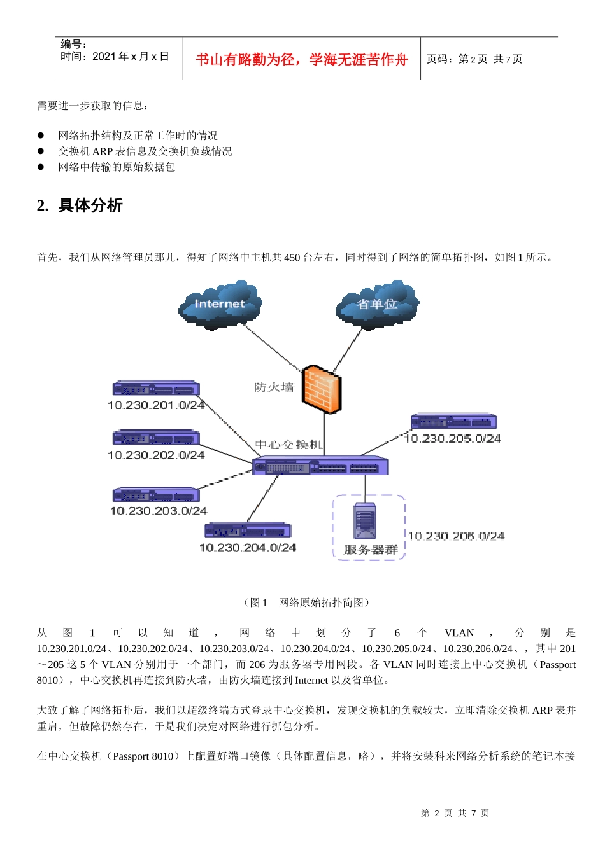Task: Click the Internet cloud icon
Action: pyautogui.click(x=220, y=304)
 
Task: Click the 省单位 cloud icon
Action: pyautogui.click(x=377, y=304)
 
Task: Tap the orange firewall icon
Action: pyautogui.click(x=322, y=389)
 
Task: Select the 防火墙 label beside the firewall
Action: pyautogui.click(x=274, y=387)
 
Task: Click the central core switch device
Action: pyautogui.click(x=320, y=466)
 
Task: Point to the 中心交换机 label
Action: pyautogui.click(x=288, y=444)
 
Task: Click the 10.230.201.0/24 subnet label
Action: pyautogui.click(x=156, y=405)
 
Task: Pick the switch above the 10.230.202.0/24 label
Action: pyautogui.click(x=156, y=438)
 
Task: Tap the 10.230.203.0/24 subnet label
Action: pyautogui.click(x=159, y=511)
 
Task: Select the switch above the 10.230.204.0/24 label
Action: pyautogui.click(x=247, y=530)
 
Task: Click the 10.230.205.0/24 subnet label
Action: pyautogui.click(x=452, y=438)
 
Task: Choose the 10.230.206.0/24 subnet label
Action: pyautogui.click(x=456, y=536)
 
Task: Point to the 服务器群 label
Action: pyautogui.click(x=371, y=550)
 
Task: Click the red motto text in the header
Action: pyautogui.click(x=302, y=59)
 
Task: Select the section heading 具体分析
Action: pyautogui.click(x=90, y=205)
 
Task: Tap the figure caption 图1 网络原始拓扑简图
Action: pyautogui.click(x=306, y=602)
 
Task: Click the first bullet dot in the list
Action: pyautogui.click(x=41, y=136)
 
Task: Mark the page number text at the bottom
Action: pyautogui.click(x=455, y=813)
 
